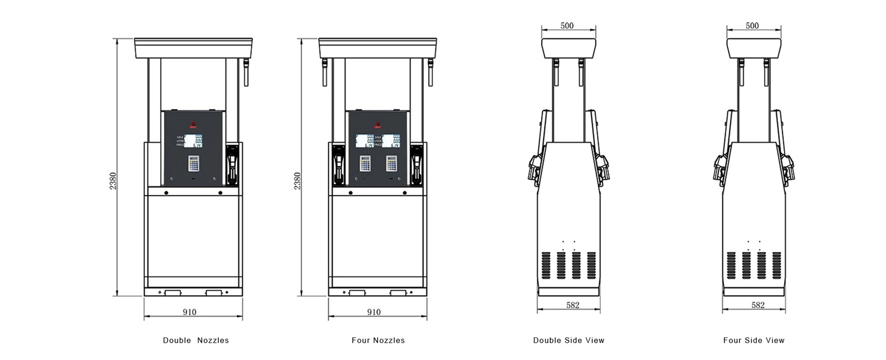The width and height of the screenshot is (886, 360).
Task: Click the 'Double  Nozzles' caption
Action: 195,340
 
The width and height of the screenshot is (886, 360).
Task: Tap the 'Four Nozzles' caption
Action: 378,340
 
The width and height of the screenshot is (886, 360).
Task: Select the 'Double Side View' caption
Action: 569,340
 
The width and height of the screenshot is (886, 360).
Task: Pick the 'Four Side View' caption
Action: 754,340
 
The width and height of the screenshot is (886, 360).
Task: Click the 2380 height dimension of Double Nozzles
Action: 112,181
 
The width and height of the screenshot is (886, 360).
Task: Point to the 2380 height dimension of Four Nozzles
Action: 297,181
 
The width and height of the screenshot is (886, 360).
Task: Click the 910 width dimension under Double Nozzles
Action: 189,312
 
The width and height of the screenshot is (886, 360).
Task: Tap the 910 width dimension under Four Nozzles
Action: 374,312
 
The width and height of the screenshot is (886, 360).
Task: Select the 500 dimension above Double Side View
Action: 567,25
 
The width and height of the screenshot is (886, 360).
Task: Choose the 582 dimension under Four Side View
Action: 758,305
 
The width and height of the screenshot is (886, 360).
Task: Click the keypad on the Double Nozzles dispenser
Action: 193,163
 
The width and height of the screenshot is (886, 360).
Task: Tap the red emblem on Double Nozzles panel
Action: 193,125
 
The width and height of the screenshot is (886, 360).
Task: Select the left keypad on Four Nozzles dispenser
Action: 365,163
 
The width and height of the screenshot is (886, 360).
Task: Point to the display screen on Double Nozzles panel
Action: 193,141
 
